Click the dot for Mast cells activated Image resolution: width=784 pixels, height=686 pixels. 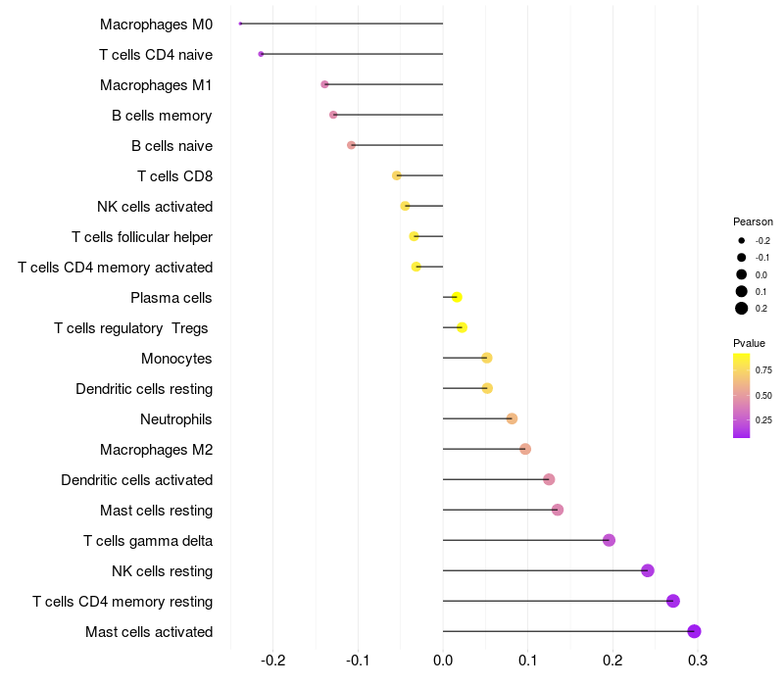point(694,631)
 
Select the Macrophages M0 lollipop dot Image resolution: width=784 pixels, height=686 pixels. point(240,24)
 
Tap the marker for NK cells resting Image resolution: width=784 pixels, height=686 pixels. point(647,570)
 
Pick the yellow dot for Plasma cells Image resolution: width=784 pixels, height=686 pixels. point(457,297)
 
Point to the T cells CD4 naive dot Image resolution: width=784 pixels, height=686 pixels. point(261,54)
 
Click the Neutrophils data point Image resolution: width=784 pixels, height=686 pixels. point(512,418)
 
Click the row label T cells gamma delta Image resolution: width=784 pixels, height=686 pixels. point(148,540)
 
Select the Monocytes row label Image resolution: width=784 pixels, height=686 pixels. point(176,358)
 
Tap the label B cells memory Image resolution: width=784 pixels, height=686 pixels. point(162,115)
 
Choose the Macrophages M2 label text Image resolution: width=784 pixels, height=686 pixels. point(156,449)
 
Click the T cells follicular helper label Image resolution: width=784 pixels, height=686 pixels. point(142,236)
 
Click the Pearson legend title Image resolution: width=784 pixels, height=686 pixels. point(753,221)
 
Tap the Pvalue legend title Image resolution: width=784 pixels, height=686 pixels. point(750,343)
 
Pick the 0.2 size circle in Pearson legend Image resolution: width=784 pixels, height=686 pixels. point(742,309)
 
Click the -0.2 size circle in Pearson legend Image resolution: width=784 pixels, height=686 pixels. point(742,240)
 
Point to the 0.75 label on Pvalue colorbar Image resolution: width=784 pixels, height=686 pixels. point(763,369)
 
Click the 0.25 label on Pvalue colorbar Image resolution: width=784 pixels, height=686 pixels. point(763,419)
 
